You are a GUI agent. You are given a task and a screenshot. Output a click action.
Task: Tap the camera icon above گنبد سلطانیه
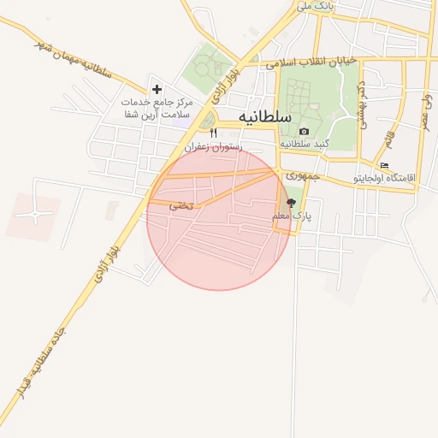point(305,131)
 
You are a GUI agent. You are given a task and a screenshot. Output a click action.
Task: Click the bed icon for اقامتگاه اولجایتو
point(384,166)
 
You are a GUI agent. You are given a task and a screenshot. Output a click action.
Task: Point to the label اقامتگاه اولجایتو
point(384,178)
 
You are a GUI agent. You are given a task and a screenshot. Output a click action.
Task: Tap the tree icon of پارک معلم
point(292,204)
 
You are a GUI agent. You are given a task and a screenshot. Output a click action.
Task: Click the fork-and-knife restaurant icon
point(214,133)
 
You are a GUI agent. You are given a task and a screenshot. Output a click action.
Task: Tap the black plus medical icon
point(157,88)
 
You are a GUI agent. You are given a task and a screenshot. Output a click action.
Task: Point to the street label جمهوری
point(301,177)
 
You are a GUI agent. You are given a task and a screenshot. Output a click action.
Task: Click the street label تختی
point(181,205)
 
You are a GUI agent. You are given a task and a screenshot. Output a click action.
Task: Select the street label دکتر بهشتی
point(360,103)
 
